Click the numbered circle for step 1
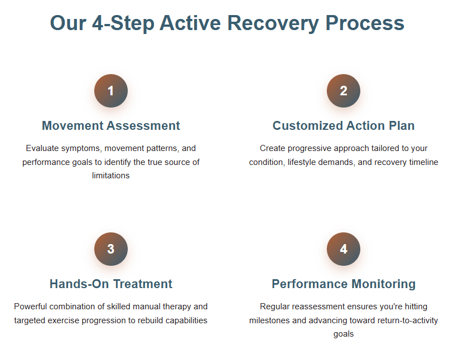coord(111,91)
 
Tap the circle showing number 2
coord(344,91)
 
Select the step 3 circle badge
coord(111,249)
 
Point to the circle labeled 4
coord(344,249)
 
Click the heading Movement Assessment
coord(111,125)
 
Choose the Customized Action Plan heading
coord(344,125)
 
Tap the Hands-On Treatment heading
coord(111,284)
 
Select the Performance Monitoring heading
coord(344,284)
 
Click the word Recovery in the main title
coord(273,23)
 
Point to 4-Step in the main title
coord(123,23)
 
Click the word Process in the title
coord(365,23)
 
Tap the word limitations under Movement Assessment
coord(110,176)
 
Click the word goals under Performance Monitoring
coord(344,334)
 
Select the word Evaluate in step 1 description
coord(42,148)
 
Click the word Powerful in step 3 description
coord(31,307)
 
